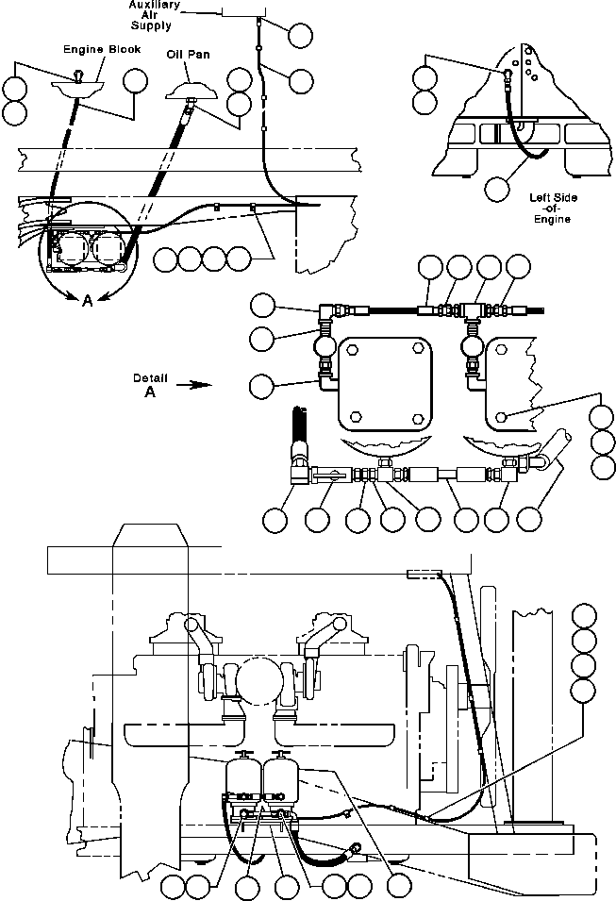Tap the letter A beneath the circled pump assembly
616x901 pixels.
88,300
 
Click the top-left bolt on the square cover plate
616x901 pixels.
352,349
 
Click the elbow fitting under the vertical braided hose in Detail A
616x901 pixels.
300,467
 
